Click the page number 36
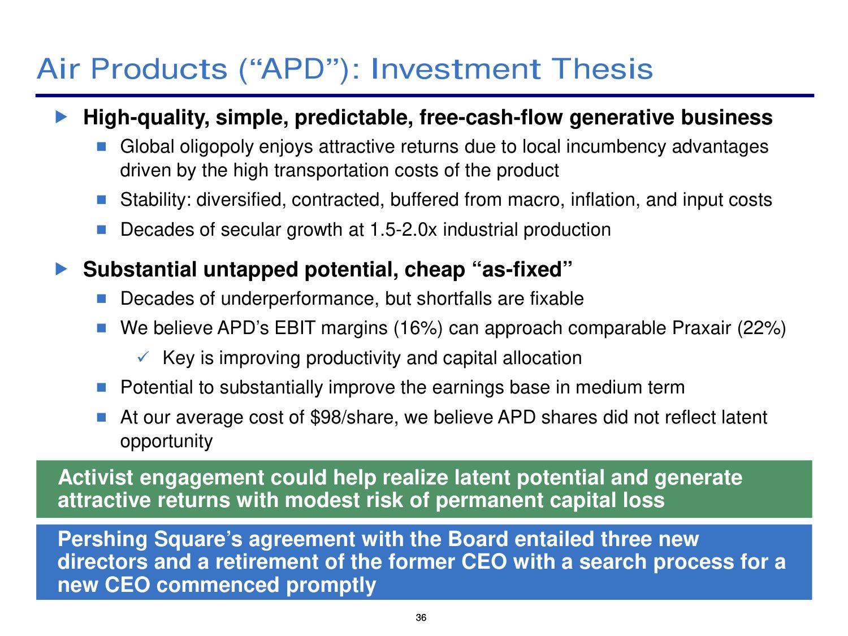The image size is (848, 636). tap(421, 617)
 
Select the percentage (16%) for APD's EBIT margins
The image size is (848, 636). tap(418, 328)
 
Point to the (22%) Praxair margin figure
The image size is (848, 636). tap(762, 328)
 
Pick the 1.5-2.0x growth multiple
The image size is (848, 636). tap(403, 230)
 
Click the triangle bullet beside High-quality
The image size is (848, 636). tap(61, 116)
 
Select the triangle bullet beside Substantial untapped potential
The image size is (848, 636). tap(61, 269)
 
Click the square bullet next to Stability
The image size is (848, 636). tap(101, 200)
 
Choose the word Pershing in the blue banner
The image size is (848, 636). tap(102, 540)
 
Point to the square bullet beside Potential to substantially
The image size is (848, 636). tap(101, 387)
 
